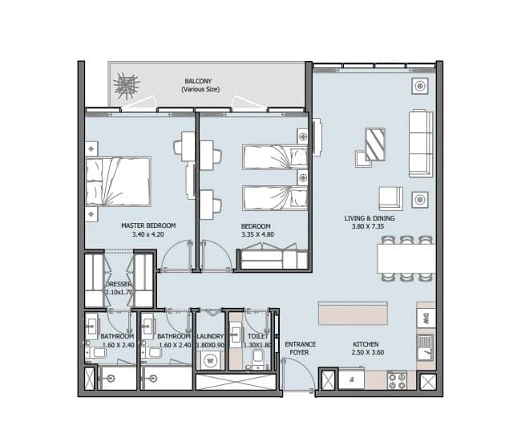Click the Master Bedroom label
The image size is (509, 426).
tap(148, 225)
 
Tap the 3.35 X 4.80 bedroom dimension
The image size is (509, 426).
tap(257, 234)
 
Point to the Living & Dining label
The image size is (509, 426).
tap(370, 218)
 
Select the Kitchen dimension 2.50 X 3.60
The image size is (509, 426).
tap(367, 352)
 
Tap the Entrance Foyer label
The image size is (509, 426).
tap(301, 348)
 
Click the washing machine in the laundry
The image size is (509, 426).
tap(210, 361)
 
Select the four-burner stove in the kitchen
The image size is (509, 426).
tap(397, 380)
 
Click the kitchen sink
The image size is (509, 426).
tap(425, 347)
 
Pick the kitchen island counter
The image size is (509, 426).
tap(353, 313)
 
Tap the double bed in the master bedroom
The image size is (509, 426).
tap(119, 181)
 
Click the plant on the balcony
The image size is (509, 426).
tap(127, 87)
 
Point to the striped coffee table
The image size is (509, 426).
tap(375, 144)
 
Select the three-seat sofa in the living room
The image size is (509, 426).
tap(421, 144)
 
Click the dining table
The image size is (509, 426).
tap(406, 259)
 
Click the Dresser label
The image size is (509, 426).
tap(119, 284)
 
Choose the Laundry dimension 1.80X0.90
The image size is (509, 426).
tap(210, 345)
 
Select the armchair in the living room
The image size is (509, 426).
tap(390, 198)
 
